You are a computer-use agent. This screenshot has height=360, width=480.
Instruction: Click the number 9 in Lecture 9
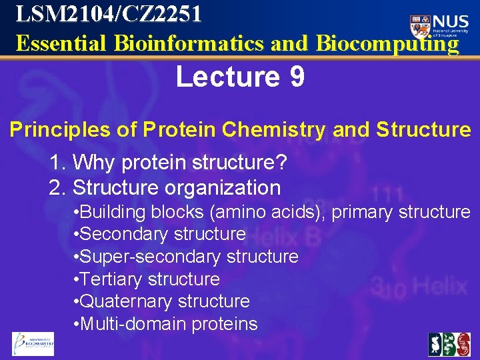point(297,77)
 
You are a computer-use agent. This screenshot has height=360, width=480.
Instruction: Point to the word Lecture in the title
point(224,77)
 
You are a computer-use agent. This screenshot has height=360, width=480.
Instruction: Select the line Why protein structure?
point(179,162)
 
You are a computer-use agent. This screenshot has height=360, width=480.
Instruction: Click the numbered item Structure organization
point(176,188)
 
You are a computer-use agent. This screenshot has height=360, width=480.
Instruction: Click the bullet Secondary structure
point(162,234)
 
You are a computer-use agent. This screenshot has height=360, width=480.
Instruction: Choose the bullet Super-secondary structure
point(188,257)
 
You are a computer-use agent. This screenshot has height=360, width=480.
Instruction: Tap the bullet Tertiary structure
point(149,279)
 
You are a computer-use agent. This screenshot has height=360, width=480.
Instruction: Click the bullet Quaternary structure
point(164,301)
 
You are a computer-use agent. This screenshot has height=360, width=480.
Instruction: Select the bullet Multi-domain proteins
point(167,324)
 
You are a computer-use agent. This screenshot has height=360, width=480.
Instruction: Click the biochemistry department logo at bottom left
point(33,343)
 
